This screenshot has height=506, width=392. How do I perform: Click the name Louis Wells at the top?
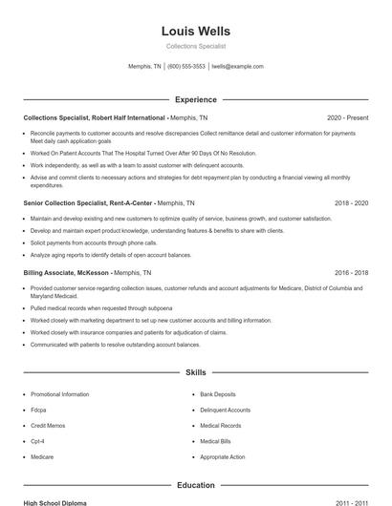click(x=196, y=32)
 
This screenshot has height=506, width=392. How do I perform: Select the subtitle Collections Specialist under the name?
click(x=196, y=47)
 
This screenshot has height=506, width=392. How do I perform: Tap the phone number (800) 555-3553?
click(x=186, y=67)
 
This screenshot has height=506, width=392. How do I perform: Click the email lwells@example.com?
click(x=237, y=67)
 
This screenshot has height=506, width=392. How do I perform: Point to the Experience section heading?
click(x=196, y=99)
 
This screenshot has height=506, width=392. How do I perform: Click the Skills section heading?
click(x=196, y=373)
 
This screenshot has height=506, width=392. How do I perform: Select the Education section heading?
click(x=196, y=485)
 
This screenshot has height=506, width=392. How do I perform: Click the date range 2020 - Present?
click(x=347, y=117)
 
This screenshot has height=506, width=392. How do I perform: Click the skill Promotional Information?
click(x=59, y=394)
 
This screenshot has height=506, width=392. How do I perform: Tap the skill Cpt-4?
click(x=38, y=441)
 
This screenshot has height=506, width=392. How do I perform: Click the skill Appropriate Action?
click(x=223, y=457)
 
